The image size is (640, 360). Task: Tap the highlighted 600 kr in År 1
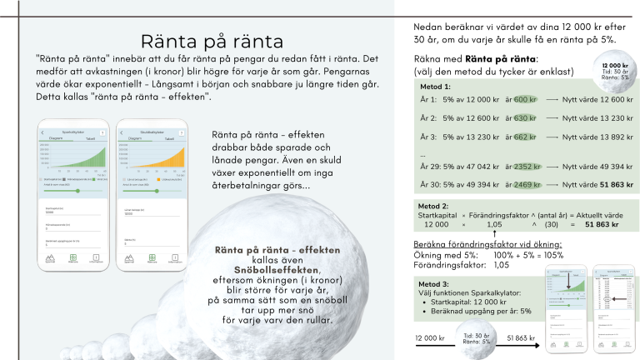click(x=525, y=100)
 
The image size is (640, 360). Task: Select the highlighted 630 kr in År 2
click(x=525, y=118)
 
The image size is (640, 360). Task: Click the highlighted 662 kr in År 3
click(x=525, y=137)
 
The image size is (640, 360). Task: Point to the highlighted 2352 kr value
click(x=527, y=166)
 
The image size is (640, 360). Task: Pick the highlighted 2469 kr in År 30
click(x=527, y=184)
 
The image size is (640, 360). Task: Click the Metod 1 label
click(x=435, y=87)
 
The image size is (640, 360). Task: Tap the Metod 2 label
click(x=435, y=206)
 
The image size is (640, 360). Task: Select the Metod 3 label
click(x=435, y=283)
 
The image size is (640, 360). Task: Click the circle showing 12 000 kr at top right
click(x=613, y=70)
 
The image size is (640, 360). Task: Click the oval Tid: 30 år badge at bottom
click(x=476, y=339)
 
